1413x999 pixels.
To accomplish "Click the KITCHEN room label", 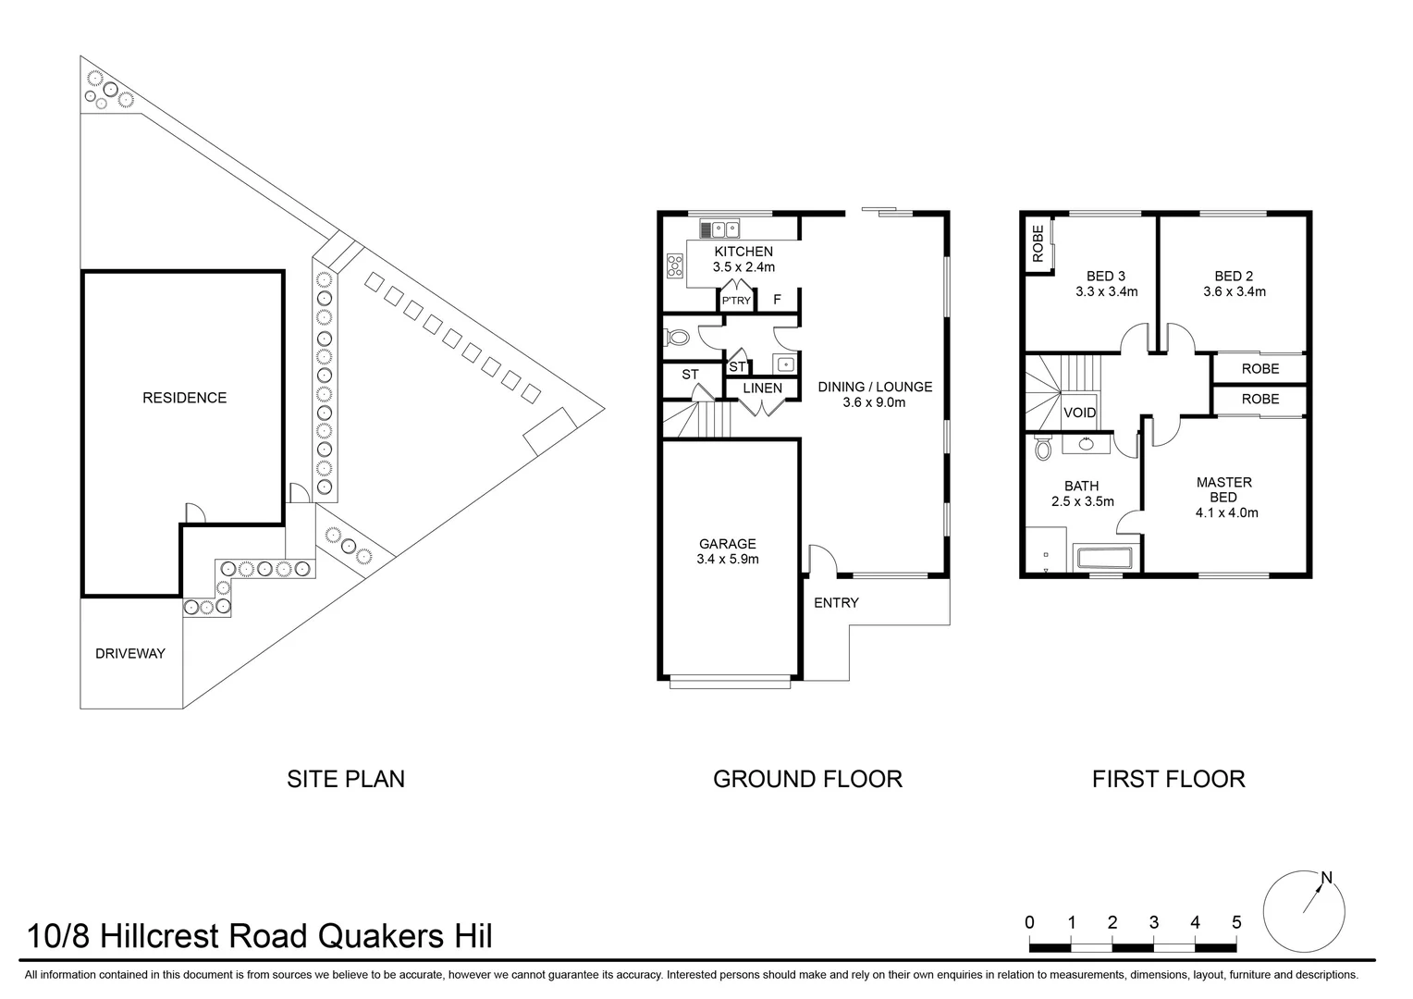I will point(743,252).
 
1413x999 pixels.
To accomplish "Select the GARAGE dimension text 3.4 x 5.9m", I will point(728,560).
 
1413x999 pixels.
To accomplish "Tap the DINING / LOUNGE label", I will point(875,387).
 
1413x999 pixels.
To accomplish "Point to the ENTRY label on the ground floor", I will point(836,603).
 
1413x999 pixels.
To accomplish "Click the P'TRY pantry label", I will point(737,301).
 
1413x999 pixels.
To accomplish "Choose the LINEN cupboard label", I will point(762,388).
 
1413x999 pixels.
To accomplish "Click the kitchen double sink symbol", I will point(719,228).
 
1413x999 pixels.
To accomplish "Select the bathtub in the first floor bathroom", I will point(1102,559).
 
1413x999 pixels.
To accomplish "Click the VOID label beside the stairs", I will point(1080,413).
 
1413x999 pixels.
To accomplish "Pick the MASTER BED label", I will point(1223,489).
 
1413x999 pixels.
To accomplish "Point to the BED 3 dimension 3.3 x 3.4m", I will point(1106,292).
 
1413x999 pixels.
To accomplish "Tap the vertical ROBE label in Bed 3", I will point(1038,244).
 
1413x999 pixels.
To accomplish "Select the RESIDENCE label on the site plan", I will point(184,398).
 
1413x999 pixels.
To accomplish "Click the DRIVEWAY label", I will point(130,653).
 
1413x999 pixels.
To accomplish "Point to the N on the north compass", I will point(1326,878).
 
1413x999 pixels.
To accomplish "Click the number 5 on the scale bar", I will point(1236,922).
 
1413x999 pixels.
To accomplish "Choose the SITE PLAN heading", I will point(346,779).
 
